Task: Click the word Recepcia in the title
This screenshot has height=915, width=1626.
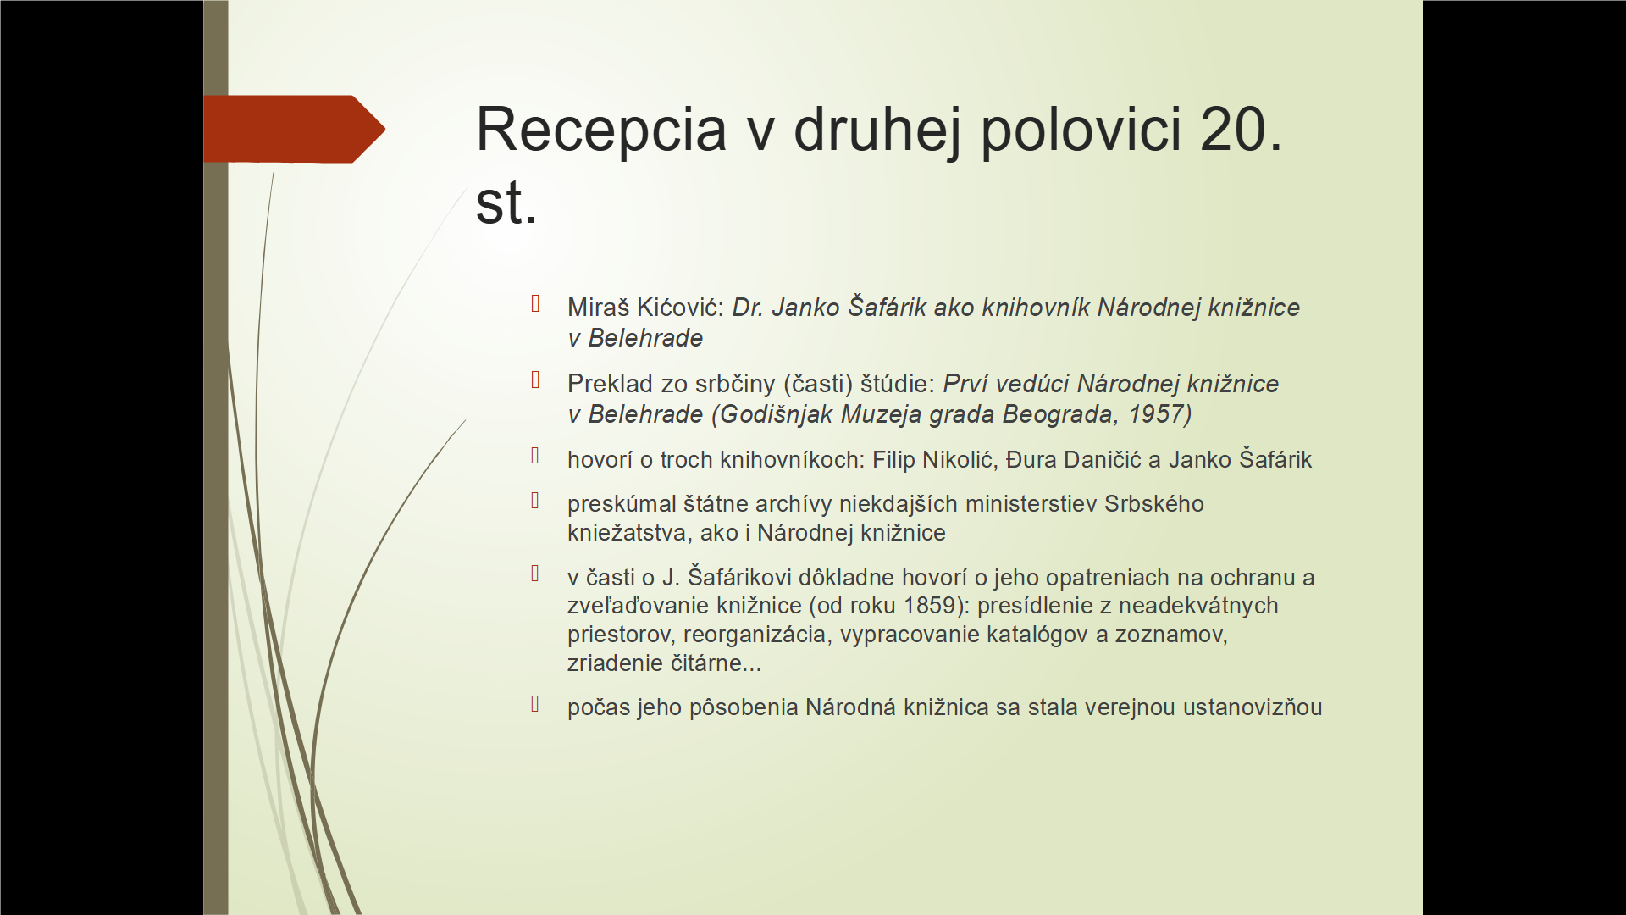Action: pos(601,130)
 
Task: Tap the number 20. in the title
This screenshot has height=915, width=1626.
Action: pos(1242,130)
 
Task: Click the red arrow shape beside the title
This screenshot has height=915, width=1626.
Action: pos(295,129)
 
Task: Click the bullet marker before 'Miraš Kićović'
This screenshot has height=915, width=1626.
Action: pos(535,303)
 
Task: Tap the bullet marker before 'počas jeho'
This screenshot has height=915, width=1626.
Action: pos(535,703)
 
